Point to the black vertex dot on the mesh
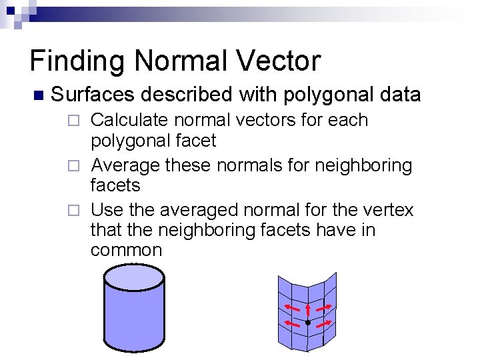[x=307, y=323]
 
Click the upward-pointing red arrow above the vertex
[x=307, y=310]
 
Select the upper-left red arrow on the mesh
[x=291, y=307]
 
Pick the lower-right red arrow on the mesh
[x=324, y=323]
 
